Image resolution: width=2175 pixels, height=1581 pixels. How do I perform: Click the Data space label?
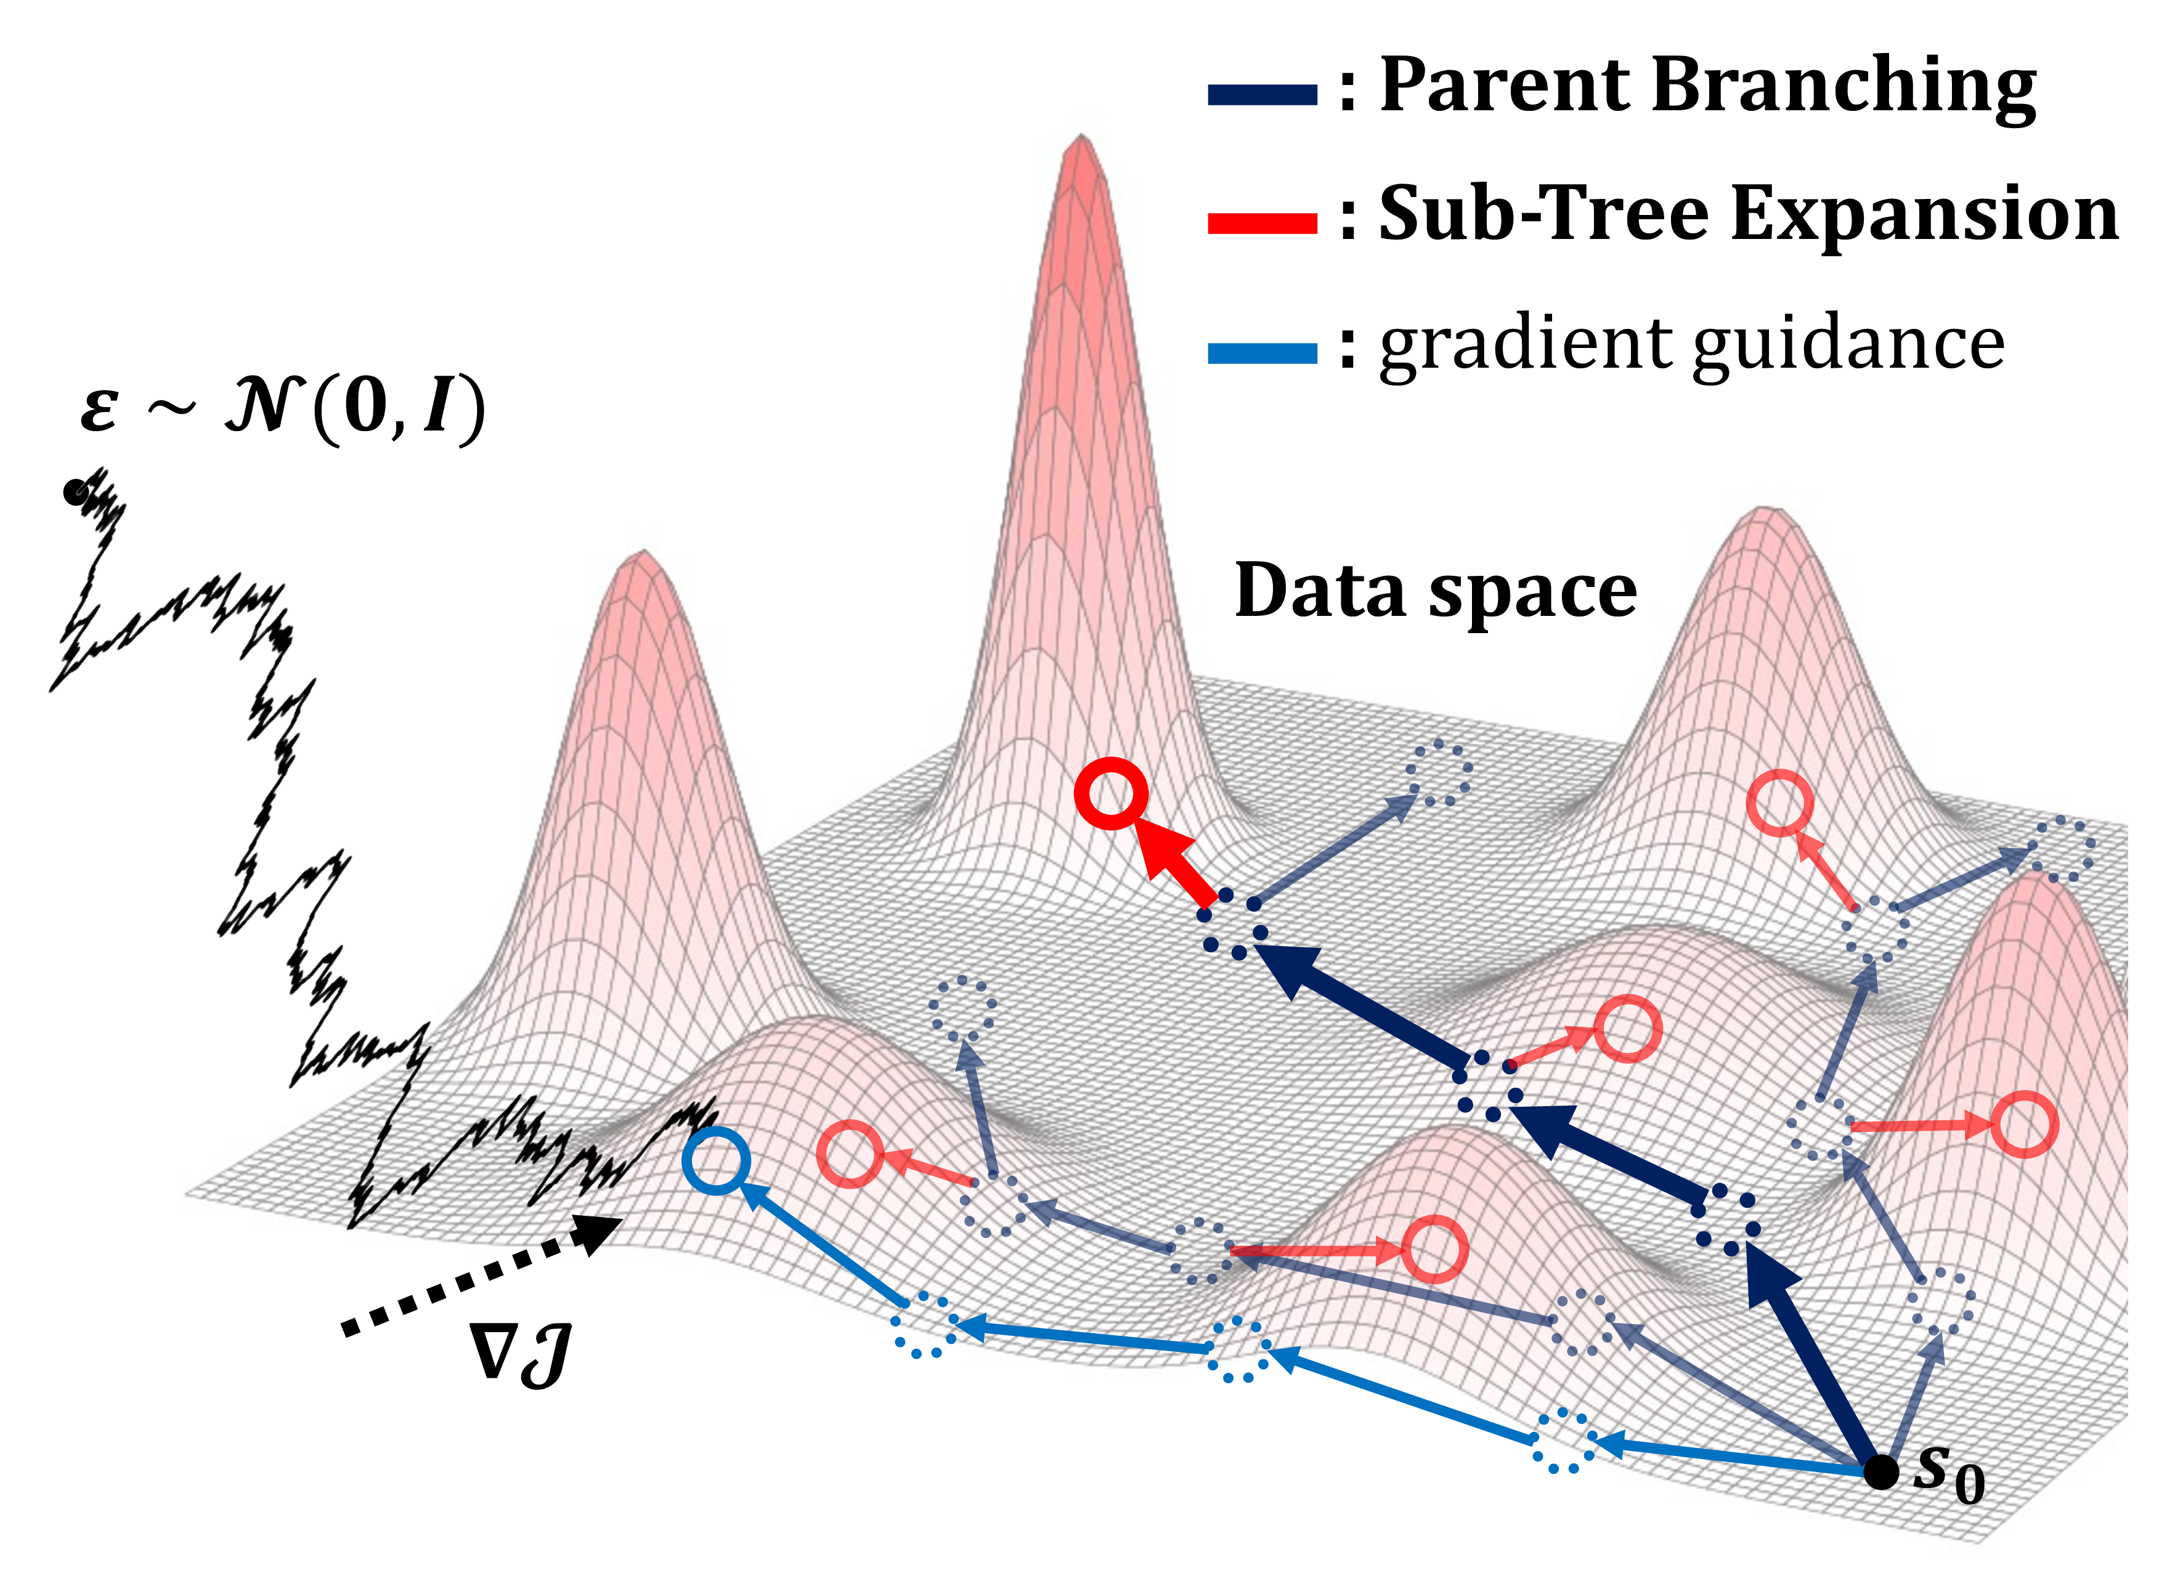(1436, 591)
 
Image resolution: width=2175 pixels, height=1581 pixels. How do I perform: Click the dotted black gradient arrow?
(479, 1275)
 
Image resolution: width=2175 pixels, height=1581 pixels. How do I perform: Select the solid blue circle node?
(715, 1160)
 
